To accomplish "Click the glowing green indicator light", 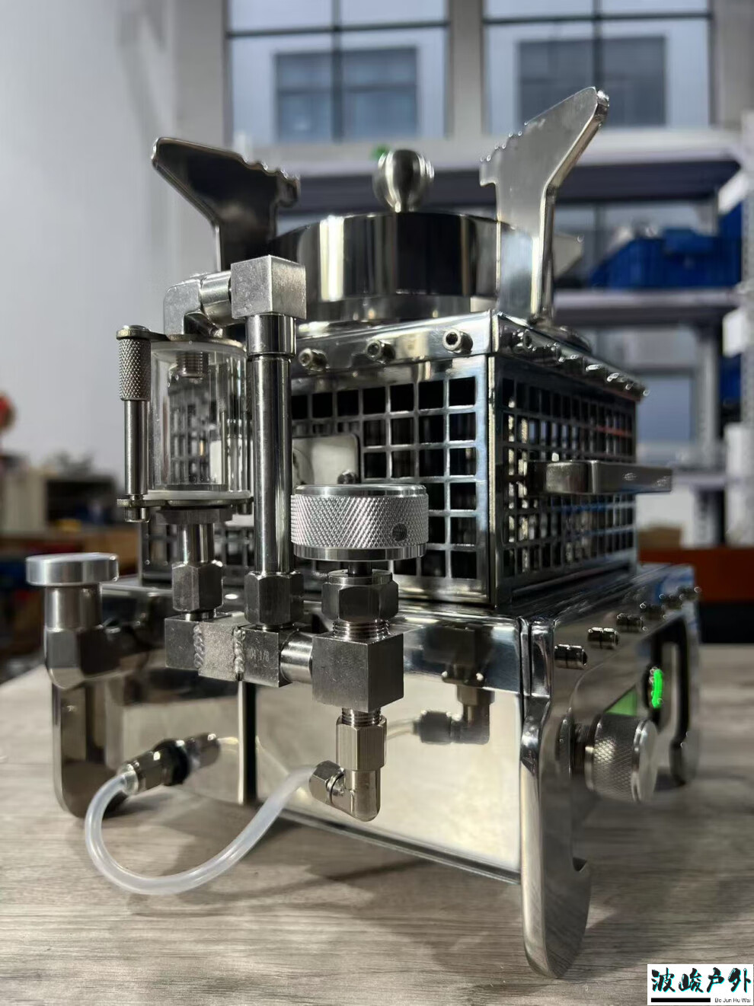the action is (x=657, y=686).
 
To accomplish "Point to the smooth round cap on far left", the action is (x=72, y=568).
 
